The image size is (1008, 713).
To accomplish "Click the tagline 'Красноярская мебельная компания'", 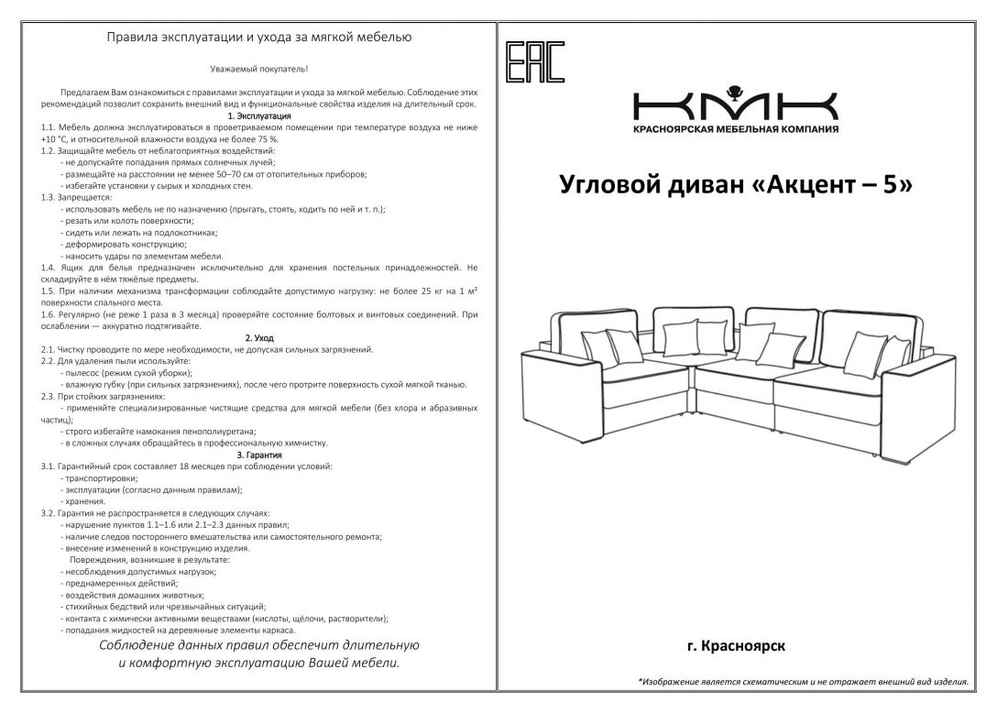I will pos(735,129).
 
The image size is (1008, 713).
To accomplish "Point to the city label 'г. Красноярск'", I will pos(735,646).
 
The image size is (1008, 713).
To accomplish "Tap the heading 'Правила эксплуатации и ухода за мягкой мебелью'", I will pos(259,38).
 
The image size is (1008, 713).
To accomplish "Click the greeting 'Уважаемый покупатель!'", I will pos(259,69).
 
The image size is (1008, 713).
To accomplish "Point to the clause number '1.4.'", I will pos(49,268).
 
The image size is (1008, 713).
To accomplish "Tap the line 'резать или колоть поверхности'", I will pos(127,221).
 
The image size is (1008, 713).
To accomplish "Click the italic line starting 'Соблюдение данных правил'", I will pos(259,646).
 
